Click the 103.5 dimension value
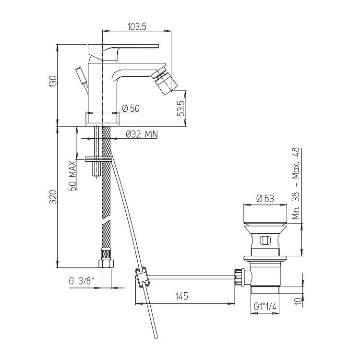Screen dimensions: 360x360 137,26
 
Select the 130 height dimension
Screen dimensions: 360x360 53,81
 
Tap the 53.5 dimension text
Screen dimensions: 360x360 181,108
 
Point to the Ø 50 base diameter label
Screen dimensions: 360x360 131,108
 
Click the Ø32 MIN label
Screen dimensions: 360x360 142,134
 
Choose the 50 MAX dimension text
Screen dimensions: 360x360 72,176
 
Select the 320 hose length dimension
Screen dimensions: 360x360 53,197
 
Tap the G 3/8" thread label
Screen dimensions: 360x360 82,281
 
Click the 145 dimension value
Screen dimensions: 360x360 182,296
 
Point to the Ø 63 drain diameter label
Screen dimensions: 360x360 265,198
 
